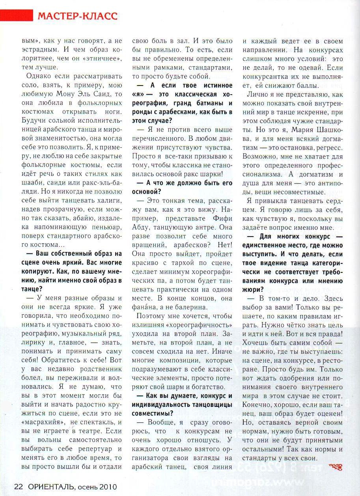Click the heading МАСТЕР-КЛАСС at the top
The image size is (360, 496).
[78, 16]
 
